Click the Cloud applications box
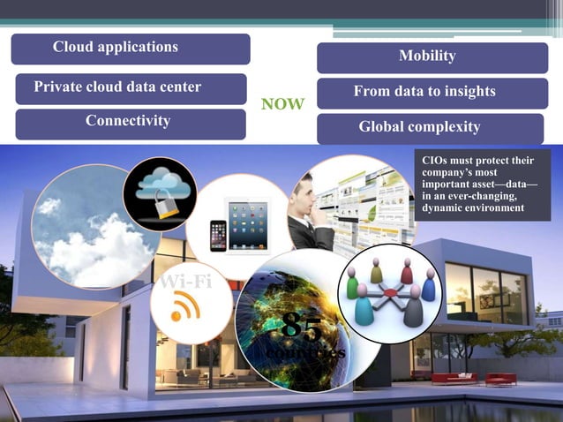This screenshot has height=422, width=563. click(x=131, y=49)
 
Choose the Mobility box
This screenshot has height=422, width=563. click(x=432, y=57)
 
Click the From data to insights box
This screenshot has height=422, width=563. click(x=432, y=93)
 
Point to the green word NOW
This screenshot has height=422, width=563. click(x=283, y=105)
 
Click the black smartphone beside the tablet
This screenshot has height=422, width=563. click(x=217, y=236)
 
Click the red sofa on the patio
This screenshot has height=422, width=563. click(x=454, y=378)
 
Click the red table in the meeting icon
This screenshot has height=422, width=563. click(x=389, y=292)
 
